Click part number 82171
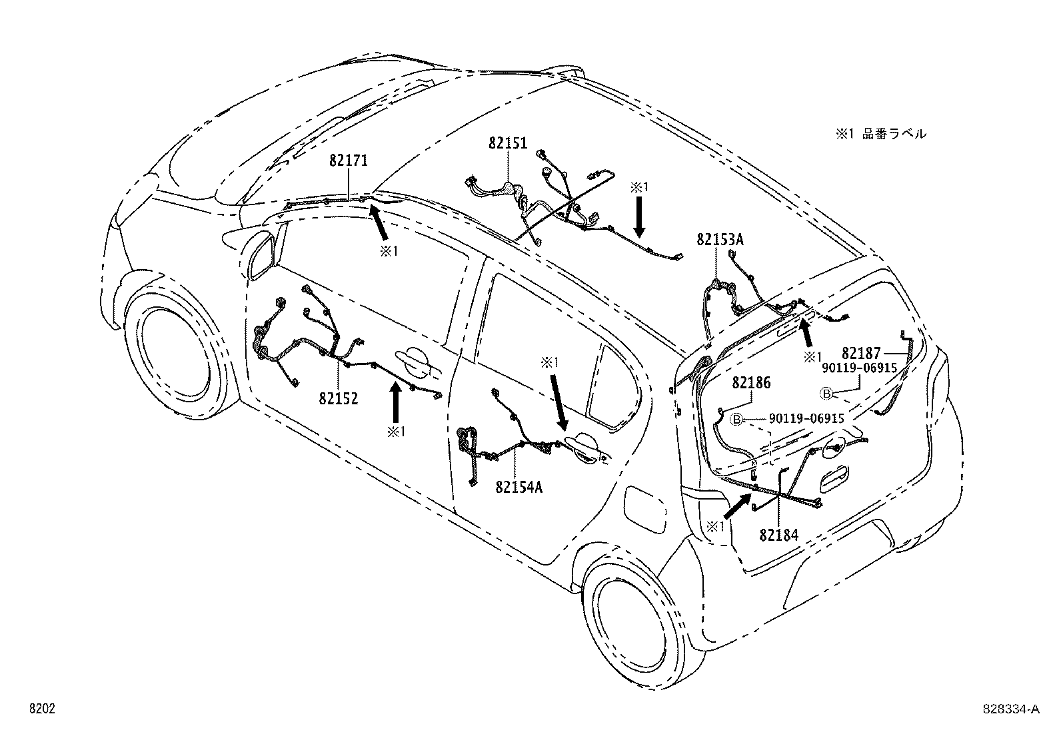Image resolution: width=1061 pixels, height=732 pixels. (x=348, y=161)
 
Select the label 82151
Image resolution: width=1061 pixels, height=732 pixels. (x=508, y=143)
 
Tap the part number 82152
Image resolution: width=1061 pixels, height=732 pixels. (x=339, y=398)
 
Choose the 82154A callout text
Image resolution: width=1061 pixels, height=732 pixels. (x=519, y=487)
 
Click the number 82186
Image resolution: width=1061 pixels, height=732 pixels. (x=751, y=383)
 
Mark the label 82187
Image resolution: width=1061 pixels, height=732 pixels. (x=861, y=353)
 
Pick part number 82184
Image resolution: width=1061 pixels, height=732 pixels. (x=779, y=534)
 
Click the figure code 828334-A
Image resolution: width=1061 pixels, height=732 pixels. (x=1010, y=709)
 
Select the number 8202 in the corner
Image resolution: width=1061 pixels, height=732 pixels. (x=41, y=709)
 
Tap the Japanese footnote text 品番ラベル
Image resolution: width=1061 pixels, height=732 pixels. (x=894, y=134)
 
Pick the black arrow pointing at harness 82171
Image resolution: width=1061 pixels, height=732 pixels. (x=380, y=222)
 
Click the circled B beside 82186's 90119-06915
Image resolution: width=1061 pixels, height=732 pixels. (x=737, y=419)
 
